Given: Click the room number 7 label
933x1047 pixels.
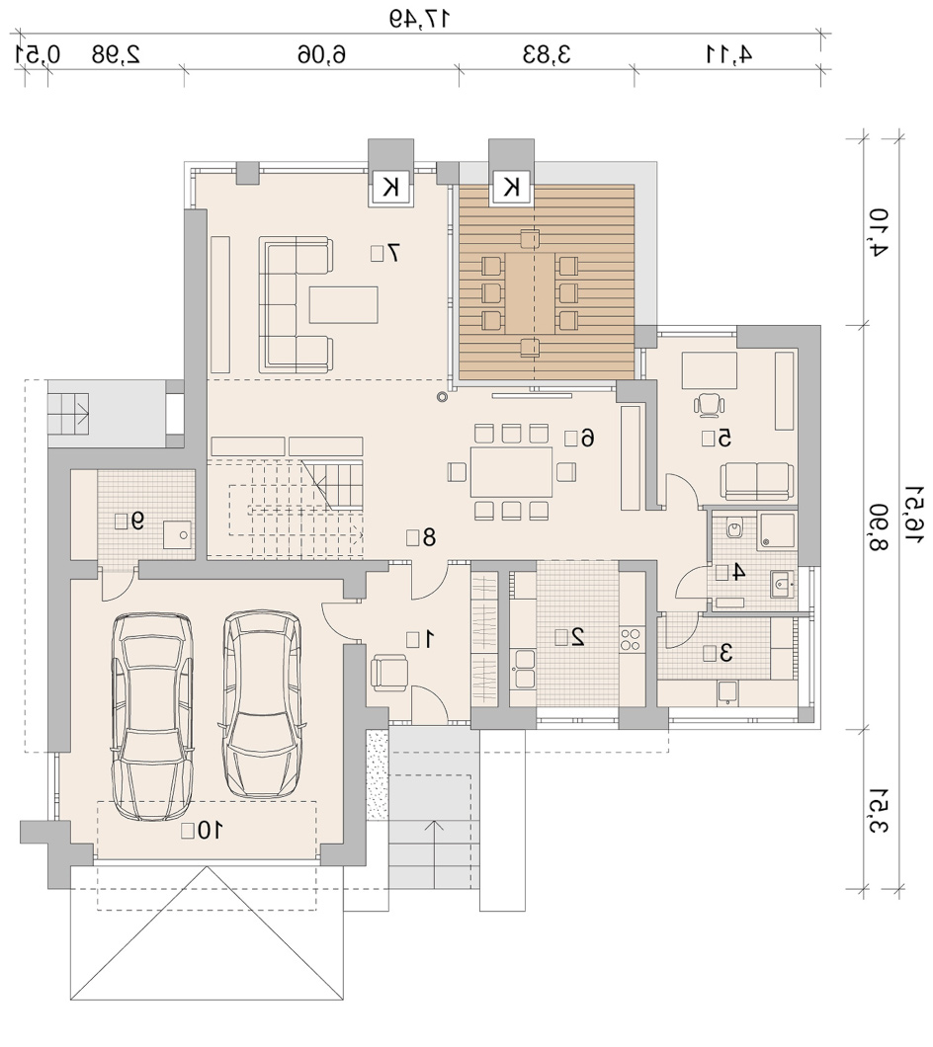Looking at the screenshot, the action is [393, 253].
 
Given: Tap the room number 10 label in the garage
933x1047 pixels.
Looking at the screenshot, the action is [211, 830].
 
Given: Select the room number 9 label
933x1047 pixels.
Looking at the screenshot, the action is [137, 521].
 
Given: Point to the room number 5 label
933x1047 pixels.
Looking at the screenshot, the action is [724, 438].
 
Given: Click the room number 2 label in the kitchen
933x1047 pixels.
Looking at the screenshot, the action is [578, 637].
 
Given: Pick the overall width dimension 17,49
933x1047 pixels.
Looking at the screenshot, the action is [420, 18].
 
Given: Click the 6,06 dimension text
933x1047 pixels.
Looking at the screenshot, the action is [322, 54].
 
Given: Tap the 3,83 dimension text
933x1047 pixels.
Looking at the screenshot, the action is [547, 54].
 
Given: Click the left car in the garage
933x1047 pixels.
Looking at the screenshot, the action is [153, 716].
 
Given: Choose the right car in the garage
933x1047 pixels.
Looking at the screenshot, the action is [262, 704].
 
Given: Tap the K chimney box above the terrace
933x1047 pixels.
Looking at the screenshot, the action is [512, 187].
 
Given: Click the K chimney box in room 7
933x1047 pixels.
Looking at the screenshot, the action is [391, 188].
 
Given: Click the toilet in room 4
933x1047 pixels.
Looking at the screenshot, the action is [735, 528].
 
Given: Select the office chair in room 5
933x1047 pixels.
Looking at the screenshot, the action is [709, 405].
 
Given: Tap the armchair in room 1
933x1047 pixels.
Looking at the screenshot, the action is [389, 672].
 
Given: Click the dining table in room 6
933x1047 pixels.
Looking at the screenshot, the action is [511, 472].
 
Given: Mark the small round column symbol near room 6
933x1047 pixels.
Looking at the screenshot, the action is [441, 397].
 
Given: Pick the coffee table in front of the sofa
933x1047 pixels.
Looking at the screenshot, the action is [344, 304].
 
